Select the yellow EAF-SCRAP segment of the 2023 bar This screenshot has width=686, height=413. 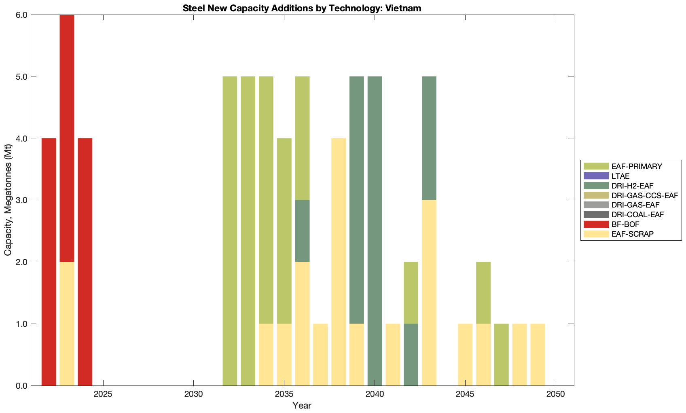pyautogui.click(x=67, y=324)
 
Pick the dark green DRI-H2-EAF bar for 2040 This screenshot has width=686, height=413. pyautogui.click(x=375, y=231)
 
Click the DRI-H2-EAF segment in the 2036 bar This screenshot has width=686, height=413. pyautogui.click(x=302, y=231)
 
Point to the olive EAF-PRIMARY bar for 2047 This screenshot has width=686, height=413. pyautogui.click(x=502, y=355)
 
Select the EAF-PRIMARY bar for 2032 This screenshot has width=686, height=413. pyautogui.click(x=230, y=231)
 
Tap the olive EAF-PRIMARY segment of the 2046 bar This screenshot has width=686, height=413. pyautogui.click(x=483, y=292)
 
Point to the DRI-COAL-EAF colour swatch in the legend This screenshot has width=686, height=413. pyautogui.click(x=596, y=214)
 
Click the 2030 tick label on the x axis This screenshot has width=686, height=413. pyautogui.click(x=194, y=394)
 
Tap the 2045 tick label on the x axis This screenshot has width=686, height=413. pyautogui.click(x=465, y=394)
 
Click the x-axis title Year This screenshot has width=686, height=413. pyautogui.click(x=302, y=405)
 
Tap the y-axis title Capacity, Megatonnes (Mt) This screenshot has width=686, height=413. pyautogui.click(x=8, y=200)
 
